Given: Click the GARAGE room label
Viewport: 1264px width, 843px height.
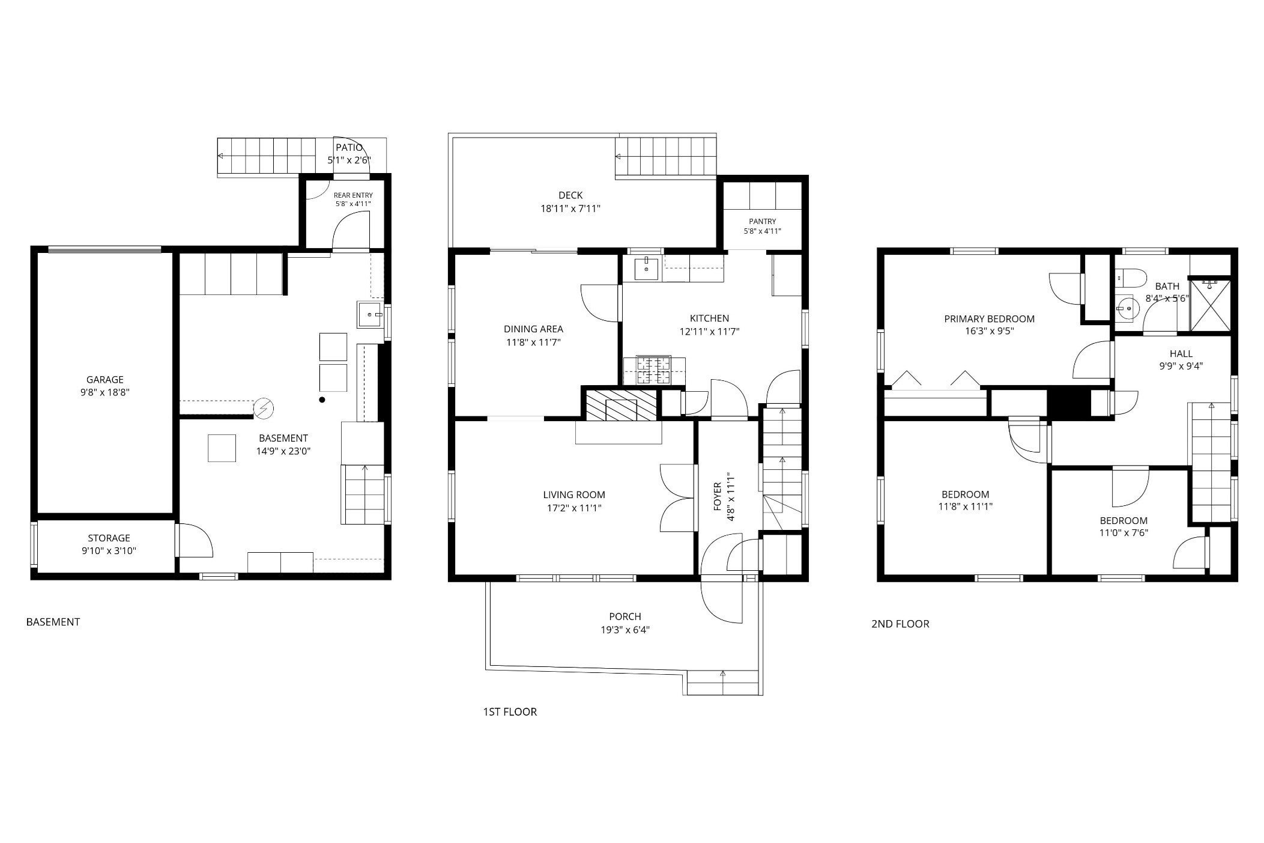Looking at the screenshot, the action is [x=105, y=379].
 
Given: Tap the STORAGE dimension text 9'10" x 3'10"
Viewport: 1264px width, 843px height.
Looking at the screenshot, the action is [x=109, y=551].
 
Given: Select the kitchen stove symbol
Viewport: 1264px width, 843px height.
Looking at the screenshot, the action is [x=654, y=370].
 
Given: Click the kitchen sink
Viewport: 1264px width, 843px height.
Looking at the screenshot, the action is [x=646, y=268].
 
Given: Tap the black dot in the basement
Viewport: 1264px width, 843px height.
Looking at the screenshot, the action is [x=322, y=400].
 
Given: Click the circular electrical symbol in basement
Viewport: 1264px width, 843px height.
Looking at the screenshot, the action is [x=263, y=409].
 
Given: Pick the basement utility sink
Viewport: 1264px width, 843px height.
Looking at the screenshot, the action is [x=370, y=314].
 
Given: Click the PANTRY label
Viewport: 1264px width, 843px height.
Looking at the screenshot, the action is [x=763, y=221].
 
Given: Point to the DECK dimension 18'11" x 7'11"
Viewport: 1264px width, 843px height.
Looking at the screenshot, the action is [x=570, y=208].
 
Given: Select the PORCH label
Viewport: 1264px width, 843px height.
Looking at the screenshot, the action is [x=625, y=616].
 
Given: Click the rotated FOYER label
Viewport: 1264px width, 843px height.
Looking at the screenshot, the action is [x=717, y=496].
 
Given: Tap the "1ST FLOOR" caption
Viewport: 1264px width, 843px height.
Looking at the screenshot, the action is [x=510, y=712].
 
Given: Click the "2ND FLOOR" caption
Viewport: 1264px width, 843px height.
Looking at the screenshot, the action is [x=900, y=624].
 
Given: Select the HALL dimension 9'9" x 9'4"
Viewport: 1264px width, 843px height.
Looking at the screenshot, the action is [x=1181, y=366].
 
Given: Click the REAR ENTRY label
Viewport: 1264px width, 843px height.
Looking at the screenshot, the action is [x=353, y=195].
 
